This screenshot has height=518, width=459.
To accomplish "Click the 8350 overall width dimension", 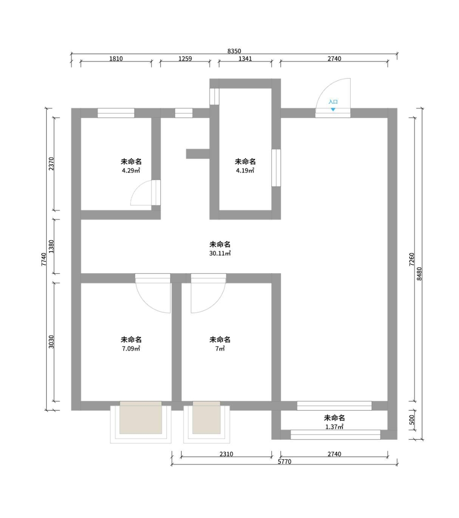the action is [234, 51].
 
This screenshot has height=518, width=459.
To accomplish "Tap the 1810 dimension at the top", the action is [116, 59].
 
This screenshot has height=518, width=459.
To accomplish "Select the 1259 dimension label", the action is [185, 59].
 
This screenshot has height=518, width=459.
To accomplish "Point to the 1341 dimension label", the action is [245, 59].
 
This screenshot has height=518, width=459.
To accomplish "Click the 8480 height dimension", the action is [419, 274].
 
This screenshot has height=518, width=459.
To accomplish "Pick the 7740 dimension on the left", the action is [44, 259].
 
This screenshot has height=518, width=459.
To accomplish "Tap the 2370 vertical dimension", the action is [51, 164].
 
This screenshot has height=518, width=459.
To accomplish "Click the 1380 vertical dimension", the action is [51, 247].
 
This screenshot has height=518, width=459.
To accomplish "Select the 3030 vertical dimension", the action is [51, 342].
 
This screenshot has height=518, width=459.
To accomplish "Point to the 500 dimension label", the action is [411, 420].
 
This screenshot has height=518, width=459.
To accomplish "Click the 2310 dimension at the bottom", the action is [226, 454].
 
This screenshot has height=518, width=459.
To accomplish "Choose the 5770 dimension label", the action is [285, 462].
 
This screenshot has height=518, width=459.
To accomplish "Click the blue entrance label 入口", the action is [333, 102].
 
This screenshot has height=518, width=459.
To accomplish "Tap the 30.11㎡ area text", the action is [220, 254].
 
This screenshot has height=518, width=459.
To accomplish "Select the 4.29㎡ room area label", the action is [131, 171].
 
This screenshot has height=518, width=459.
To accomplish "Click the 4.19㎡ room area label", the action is [245, 171].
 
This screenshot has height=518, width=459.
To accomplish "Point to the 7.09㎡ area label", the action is [131, 349].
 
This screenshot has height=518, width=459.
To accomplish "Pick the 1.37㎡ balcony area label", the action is [334, 427].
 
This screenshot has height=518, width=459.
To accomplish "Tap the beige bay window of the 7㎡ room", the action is [207, 417].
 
